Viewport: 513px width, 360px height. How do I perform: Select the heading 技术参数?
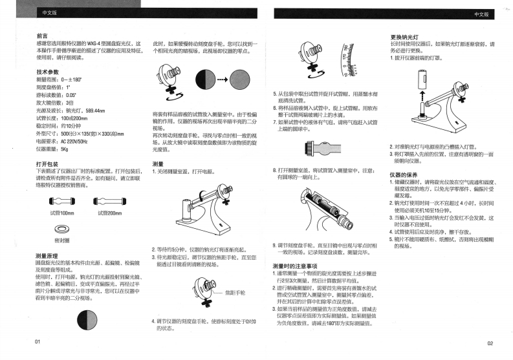pyautogui.click(x=48, y=71)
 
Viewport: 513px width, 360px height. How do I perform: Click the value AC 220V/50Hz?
pyautogui.click(x=76, y=140)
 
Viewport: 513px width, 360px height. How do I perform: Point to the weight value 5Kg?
pyautogui.click(x=65, y=147)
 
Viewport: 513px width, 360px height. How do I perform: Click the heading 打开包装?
pyautogui.click(x=48, y=164)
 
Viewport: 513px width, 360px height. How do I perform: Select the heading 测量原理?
pyautogui.click(x=48, y=255)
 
